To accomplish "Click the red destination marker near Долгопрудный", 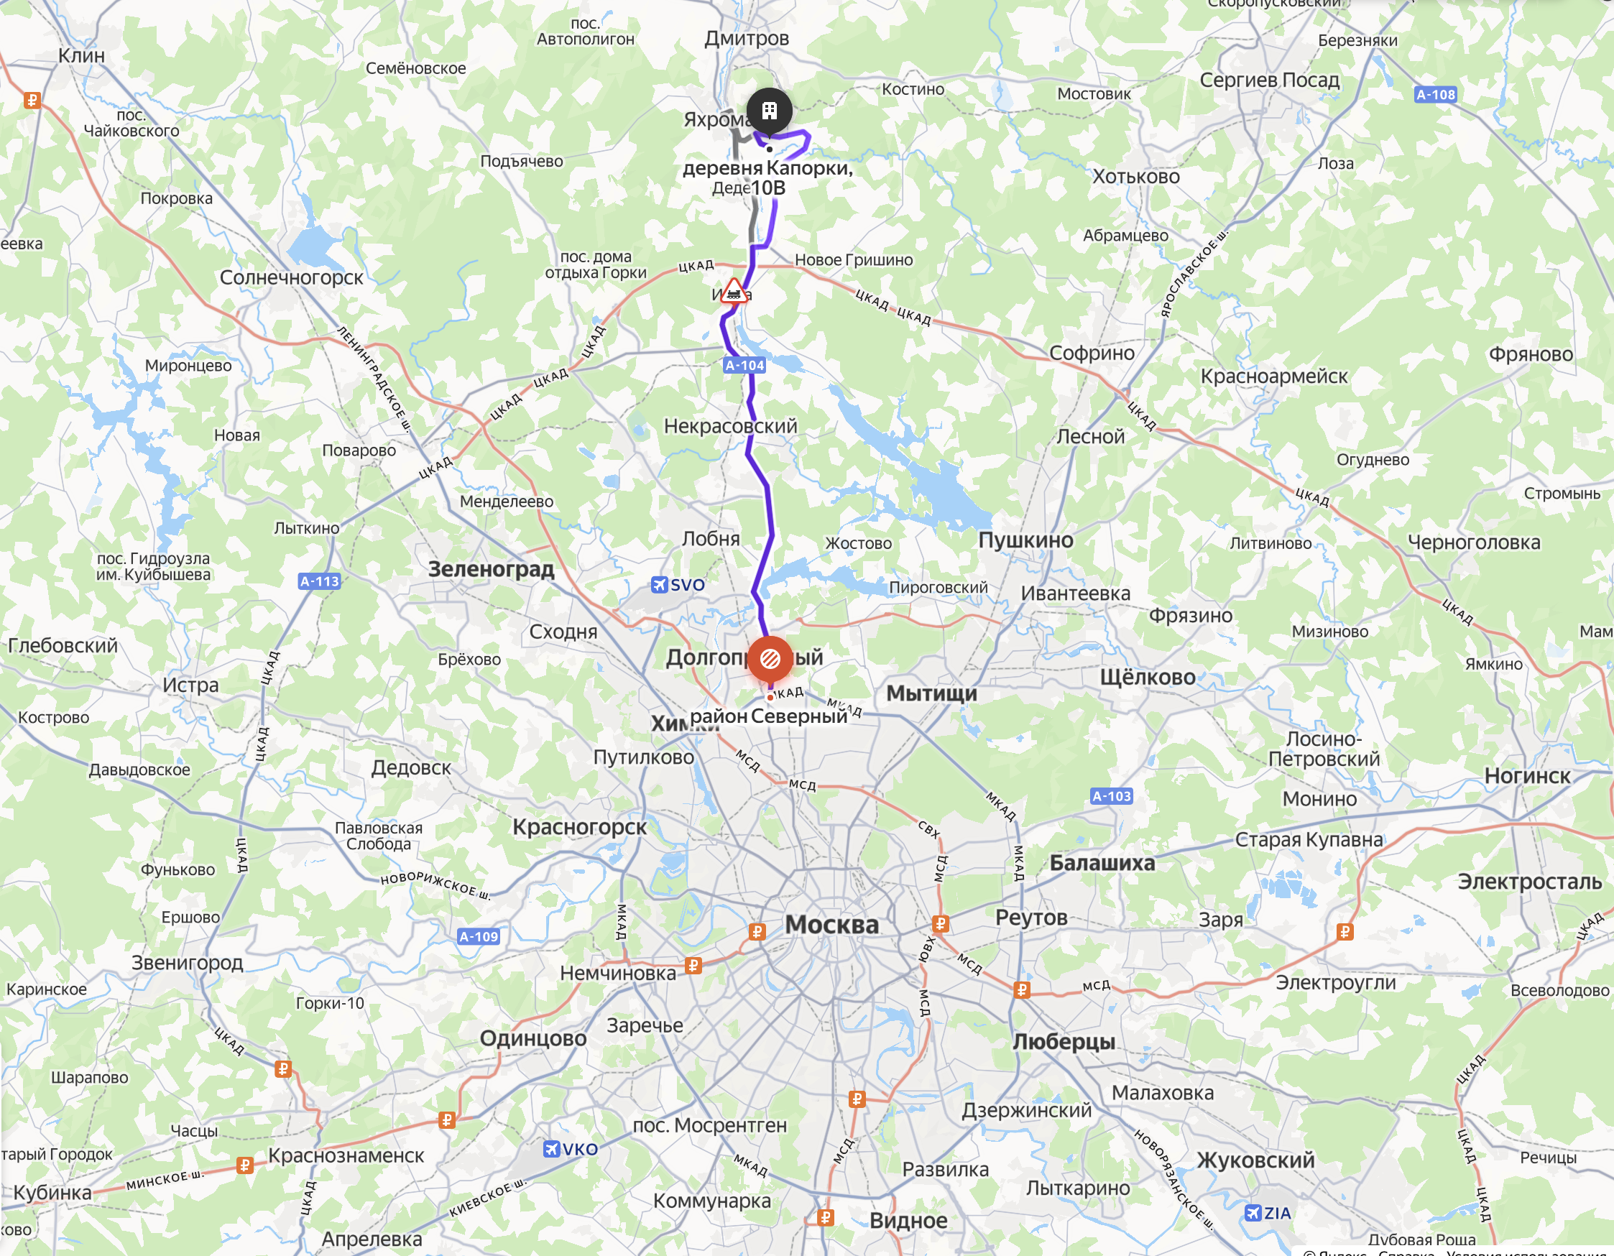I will pyautogui.click(x=770, y=657).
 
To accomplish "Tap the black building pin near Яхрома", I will pyautogui.click(x=769, y=111).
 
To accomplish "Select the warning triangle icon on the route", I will pyautogui.click(x=732, y=291).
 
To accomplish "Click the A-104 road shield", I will pyautogui.click(x=744, y=365).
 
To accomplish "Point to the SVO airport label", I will pyautogui.click(x=678, y=585).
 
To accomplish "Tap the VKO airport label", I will pyautogui.click(x=571, y=1149).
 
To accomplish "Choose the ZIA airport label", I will pyautogui.click(x=1268, y=1213).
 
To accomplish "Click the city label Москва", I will pyautogui.click(x=831, y=924).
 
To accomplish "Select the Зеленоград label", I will pyautogui.click(x=491, y=569).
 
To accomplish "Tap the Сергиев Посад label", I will pyautogui.click(x=1269, y=80).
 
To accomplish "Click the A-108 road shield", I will pyautogui.click(x=1435, y=95).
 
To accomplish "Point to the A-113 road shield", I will pyautogui.click(x=319, y=581).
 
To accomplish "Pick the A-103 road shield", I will pyautogui.click(x=1112, y=795).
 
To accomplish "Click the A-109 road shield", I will pyautogui.click(x=479, y=937).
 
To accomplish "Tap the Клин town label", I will pyautogui.click(x=81, y=55).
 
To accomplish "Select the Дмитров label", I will pyautogui.click(x=747, y=38).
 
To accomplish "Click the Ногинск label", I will pyautogui.click(x=1527, y=776).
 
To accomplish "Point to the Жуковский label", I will pyautogui.click(x=1255, y=1160).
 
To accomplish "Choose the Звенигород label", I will pyautogui.click(x=187, y=963).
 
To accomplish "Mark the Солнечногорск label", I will pyautogui.click(x=291, y=278).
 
